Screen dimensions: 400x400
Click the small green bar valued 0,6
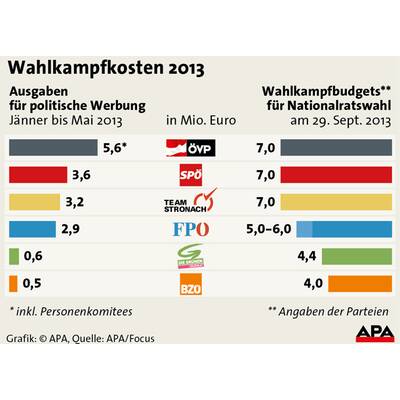tap(13, 257)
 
